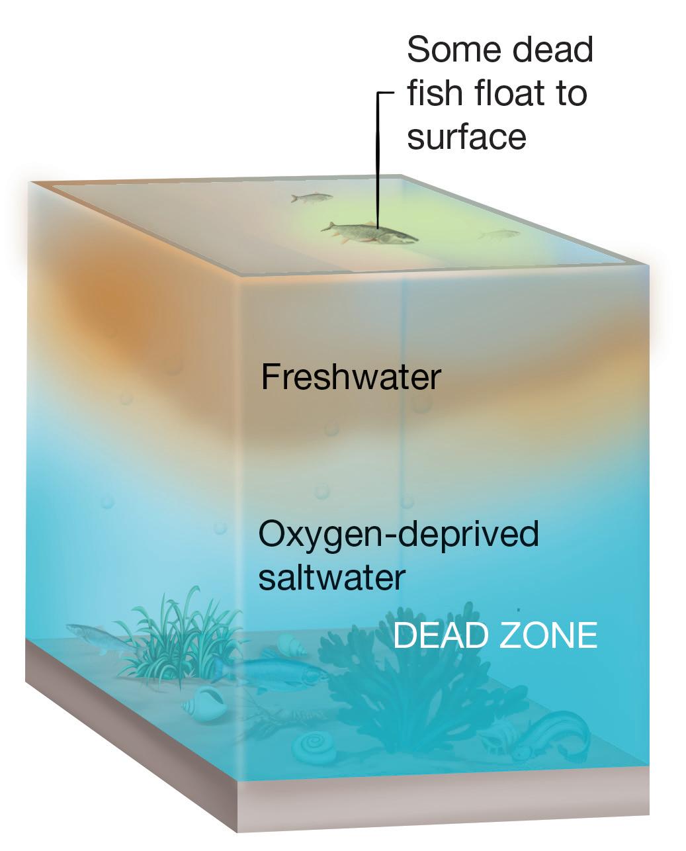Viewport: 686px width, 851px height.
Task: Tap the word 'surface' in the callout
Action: coord(466,137)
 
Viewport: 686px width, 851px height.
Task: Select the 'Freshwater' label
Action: coord(351,378)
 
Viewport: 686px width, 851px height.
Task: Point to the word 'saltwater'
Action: coord(331,577)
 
